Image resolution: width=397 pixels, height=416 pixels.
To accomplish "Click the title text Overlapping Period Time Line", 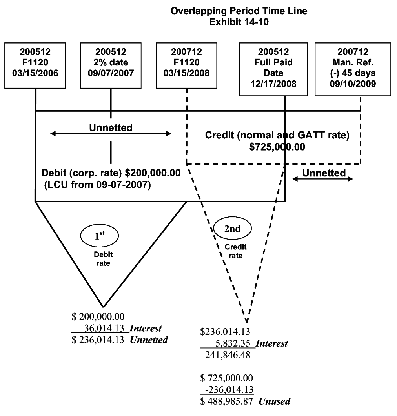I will pyautogui.click(x=239, y=11).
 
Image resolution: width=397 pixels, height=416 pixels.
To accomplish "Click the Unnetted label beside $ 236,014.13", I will pyautogui.click(x=149, y=340).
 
